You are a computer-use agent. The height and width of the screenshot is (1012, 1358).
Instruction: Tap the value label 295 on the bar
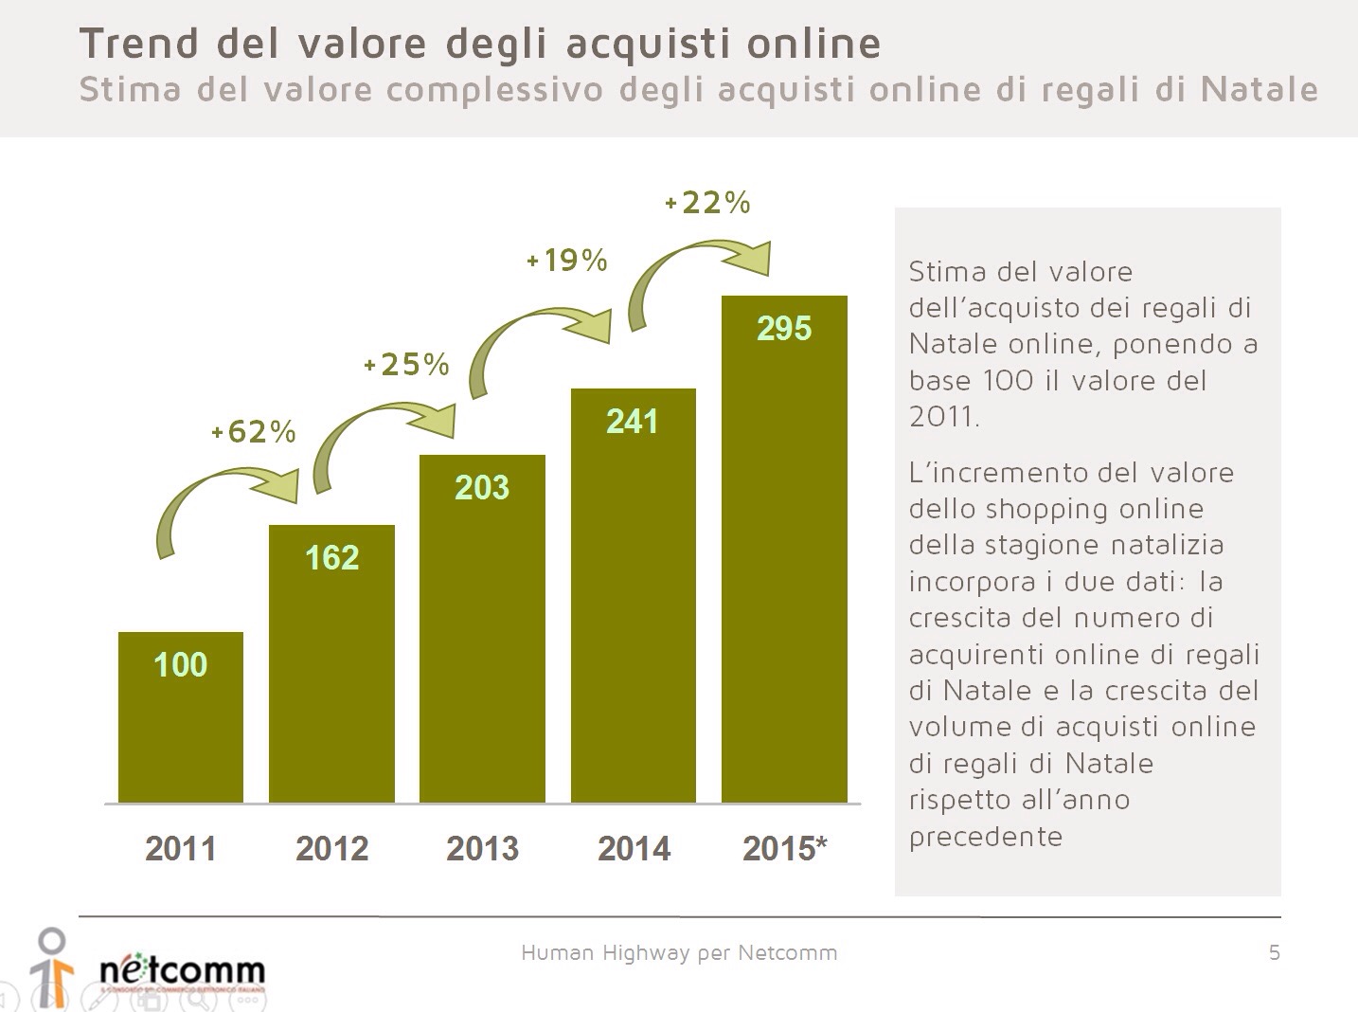784,329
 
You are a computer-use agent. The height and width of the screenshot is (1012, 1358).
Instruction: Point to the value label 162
331,557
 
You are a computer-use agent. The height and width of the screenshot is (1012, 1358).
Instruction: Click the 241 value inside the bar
633,421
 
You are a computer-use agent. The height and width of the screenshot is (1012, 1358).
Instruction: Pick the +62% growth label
254,432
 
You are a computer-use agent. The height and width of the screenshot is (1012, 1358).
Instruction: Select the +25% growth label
406,364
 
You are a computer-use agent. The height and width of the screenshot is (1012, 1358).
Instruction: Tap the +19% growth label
566,260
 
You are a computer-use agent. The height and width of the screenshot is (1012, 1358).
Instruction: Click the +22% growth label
707,202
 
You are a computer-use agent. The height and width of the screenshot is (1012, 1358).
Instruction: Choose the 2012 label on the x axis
331,848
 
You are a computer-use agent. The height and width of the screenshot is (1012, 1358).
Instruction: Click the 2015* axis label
784,848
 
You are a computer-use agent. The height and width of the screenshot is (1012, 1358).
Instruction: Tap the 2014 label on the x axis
633,848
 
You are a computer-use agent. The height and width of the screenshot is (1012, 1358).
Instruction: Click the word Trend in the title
139,44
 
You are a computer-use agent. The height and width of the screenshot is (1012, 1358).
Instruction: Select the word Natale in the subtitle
1259,89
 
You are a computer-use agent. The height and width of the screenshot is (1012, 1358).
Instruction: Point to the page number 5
1274,952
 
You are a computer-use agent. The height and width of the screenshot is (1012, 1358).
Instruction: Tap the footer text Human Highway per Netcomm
679,952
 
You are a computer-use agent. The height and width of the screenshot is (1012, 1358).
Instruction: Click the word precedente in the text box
985,836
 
